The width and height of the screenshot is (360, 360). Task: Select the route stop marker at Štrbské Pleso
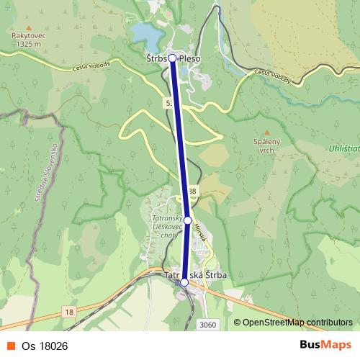pyautogui.click(x=172, y=58)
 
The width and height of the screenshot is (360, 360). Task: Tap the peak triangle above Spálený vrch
pyautogui.click(x=266, y=132)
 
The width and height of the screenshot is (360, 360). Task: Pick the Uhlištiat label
pyautogui.click(x=342, y=148)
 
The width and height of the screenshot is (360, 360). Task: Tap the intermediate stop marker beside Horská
pyautogui.click(x=187, y=220)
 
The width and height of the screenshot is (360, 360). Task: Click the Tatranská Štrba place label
pyautogui.click(x=197, y=275)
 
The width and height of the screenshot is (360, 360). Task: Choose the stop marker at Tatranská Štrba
pyautogui.click(x=184, y=282)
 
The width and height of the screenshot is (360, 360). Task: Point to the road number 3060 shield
pyautogui.click(x=207, y=325)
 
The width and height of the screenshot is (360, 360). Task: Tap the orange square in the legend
pyautogui.click(x=12, y=346)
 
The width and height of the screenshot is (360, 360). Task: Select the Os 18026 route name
pyautogui.click(x=44, y=346)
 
